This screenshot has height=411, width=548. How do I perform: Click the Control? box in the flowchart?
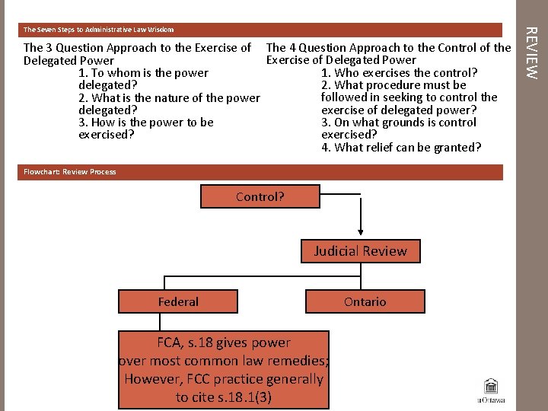[x=260, y=196]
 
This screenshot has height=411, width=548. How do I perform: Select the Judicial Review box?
[x=360, y=251]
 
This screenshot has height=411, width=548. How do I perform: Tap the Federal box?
[x=178, y=301]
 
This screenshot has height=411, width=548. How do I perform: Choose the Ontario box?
[x=365, y=301]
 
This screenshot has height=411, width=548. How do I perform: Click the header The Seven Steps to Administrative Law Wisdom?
[x=99, y=30]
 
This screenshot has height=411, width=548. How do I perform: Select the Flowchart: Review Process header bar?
[x=70, y=172]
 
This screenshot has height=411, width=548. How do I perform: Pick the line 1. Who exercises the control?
[x=400, y=72]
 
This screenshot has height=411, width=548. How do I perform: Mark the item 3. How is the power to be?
[x=146, y=123]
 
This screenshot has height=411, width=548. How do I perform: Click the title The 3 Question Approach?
[x=137, y=48]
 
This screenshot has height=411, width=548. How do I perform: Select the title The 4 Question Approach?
[x=388, y=48]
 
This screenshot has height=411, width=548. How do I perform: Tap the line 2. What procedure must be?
[x=393, y=85]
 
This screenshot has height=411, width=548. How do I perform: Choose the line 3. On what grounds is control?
[x=399, y=123]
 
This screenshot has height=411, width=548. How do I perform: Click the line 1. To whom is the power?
[x=143, y=73]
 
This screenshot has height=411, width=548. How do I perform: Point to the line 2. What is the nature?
[x=169, y=98]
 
